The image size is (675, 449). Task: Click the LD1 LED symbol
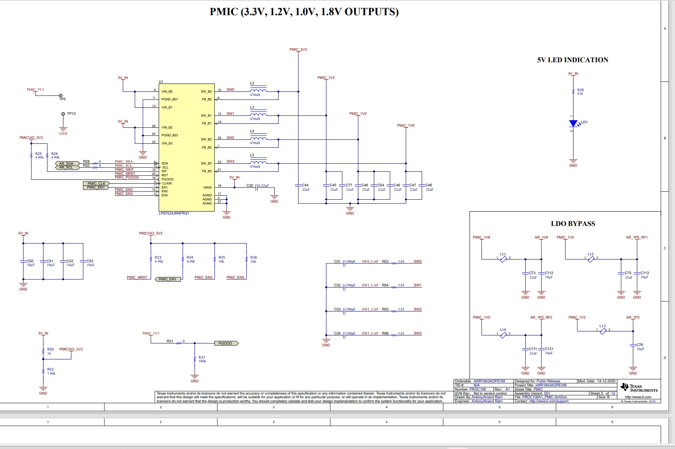point(573,124)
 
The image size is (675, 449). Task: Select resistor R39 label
point(580,90)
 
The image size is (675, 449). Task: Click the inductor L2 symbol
point(258,90)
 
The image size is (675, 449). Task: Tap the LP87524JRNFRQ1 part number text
point(174,213)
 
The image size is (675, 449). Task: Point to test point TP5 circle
point(61,96)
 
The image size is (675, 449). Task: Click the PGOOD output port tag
point(226,343)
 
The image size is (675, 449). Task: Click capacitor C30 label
point(250,186)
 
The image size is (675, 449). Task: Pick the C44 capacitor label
point(305,185)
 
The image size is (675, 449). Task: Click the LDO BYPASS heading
point(573,224)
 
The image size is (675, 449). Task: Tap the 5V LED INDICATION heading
point(572,60)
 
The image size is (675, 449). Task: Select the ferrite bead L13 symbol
point(603,331)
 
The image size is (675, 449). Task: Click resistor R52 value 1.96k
point(51,373)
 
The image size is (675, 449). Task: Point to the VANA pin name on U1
point(207,187)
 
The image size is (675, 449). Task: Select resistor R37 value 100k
point(202,361)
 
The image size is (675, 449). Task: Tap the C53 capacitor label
point(90,261)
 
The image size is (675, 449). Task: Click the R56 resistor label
point(385,333)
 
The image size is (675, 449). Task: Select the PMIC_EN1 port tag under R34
point(168,279)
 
